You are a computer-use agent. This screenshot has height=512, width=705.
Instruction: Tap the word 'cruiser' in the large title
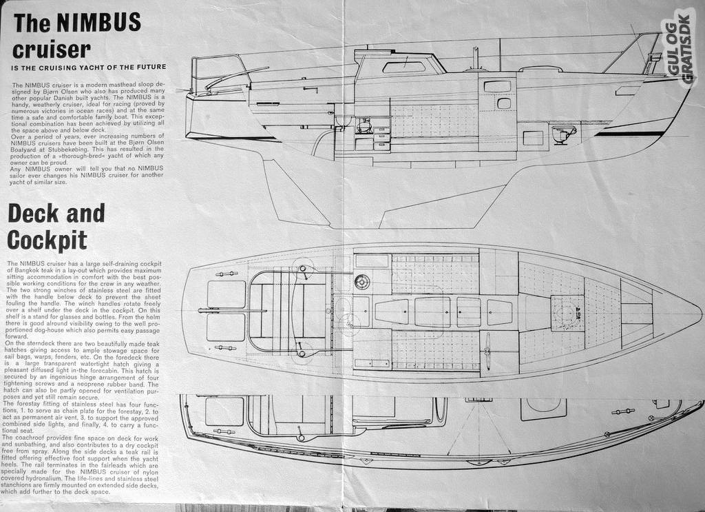point(52,50)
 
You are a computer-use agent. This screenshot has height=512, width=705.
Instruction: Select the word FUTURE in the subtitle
point(147,67)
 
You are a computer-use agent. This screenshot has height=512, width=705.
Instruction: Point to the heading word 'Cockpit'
point(48,239)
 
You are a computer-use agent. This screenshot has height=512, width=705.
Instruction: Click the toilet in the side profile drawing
point(563,133)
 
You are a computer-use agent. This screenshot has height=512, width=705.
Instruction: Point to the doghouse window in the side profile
point(403,67)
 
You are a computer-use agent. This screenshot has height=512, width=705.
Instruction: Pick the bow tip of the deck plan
point(699,311)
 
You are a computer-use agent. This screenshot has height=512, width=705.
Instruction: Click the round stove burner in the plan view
point(362,281)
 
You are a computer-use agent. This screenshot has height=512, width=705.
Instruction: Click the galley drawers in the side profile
point(381,138)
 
